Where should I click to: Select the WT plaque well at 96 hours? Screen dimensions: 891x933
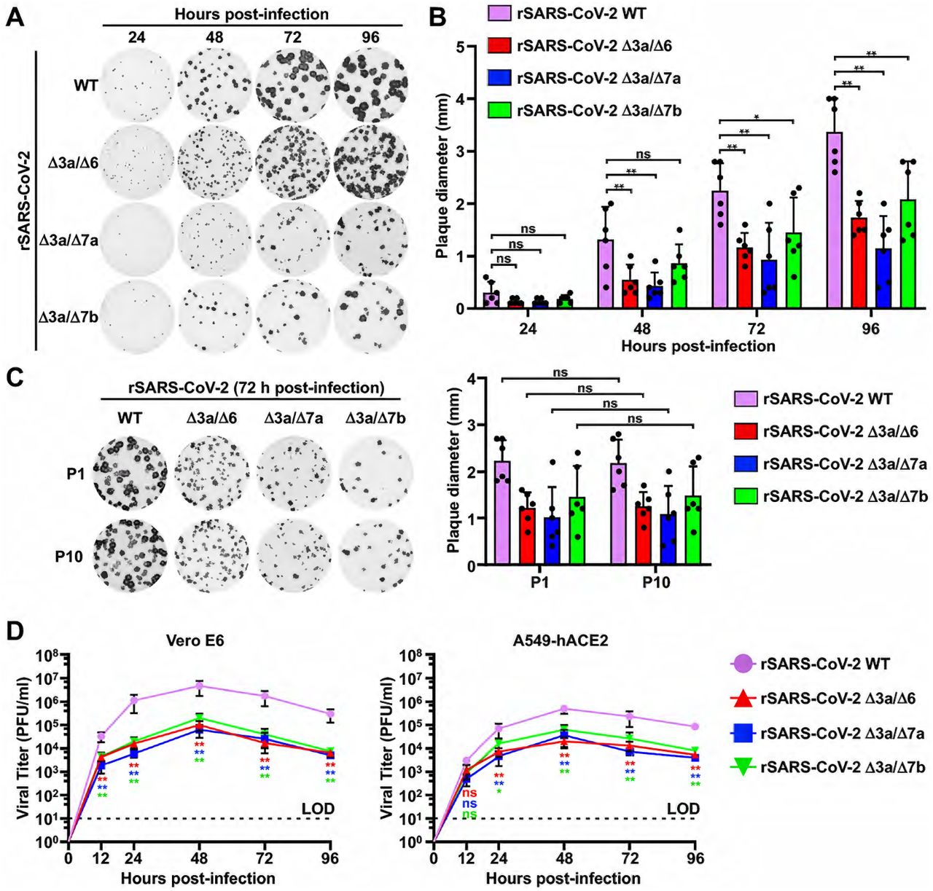click(x=370, y=85)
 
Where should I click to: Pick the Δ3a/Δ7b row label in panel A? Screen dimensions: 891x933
click(x=69, y=317)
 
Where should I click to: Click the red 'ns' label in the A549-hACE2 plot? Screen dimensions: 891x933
click(x=469, y=793)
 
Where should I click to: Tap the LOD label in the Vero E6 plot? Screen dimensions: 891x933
click(x=318, y=808)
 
